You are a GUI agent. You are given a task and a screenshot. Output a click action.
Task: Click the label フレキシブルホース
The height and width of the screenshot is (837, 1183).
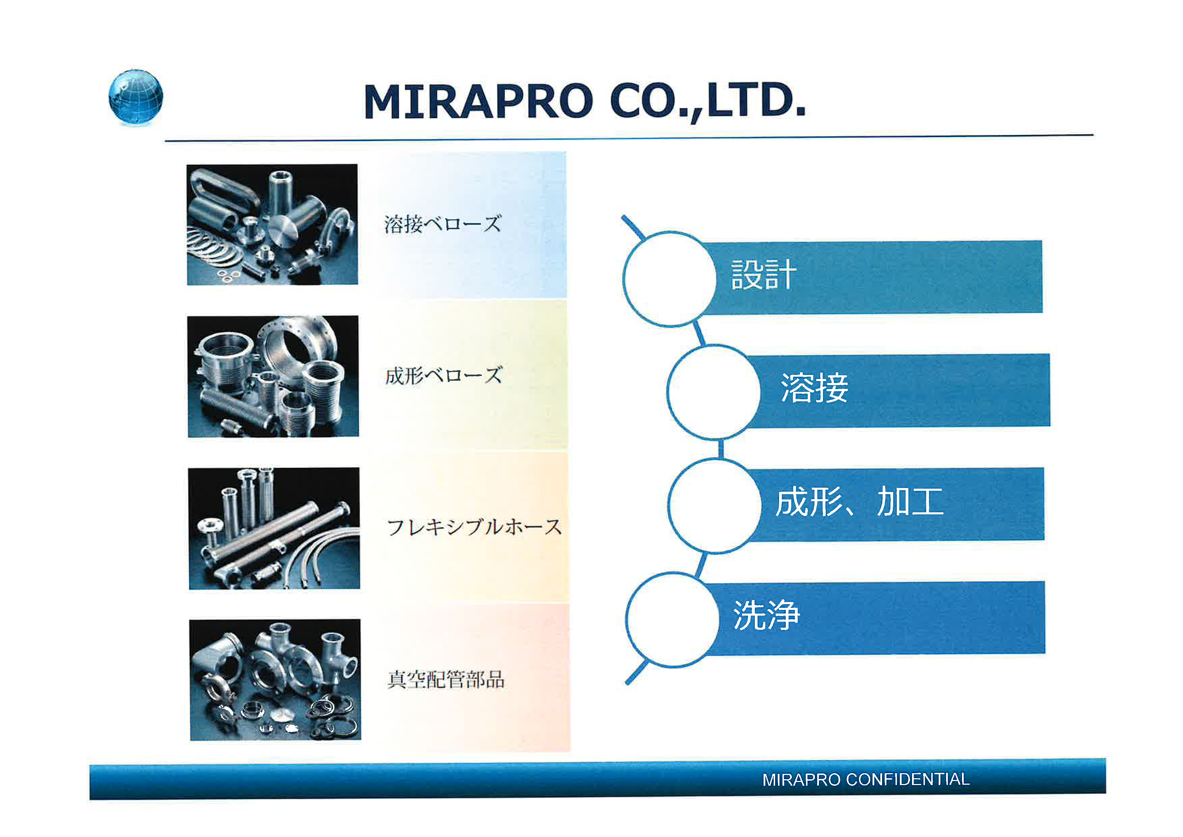pos(474,527)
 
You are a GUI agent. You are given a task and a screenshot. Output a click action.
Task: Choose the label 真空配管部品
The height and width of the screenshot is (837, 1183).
pos(446,679)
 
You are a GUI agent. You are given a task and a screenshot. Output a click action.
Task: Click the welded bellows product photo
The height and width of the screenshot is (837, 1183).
pos(272,224)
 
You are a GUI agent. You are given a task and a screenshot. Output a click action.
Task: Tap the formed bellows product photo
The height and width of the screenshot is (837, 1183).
pos(273,376)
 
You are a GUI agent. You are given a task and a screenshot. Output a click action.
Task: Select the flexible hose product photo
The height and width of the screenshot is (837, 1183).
pos(274,528)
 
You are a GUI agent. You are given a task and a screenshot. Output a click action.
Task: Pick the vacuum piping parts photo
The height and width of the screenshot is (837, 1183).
pos(275,680)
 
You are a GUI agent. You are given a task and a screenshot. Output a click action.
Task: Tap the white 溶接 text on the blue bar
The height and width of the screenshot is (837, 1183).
pos(814,387)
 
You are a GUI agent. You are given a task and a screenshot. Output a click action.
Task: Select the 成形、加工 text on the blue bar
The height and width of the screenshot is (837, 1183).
pos(859,502)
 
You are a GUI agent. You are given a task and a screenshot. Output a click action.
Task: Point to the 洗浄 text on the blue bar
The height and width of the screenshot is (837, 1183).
pos(767,615)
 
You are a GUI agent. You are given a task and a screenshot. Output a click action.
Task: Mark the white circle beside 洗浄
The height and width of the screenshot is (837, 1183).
pos(673,620)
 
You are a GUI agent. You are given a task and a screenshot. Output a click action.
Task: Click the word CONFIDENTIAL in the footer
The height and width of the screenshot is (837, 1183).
pos(908,779)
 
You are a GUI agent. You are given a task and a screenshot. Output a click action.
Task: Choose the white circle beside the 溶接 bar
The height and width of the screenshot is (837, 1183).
pos(714,392)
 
